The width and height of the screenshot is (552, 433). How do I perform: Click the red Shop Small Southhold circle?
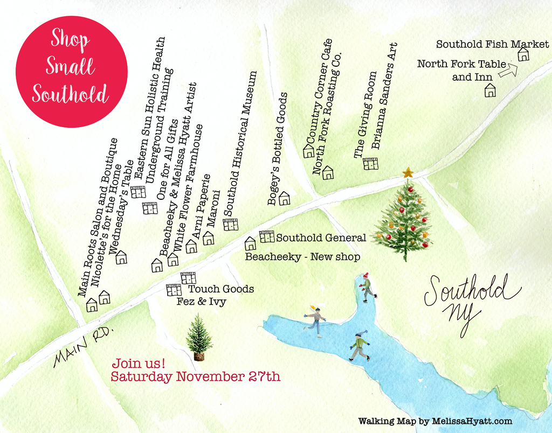tap(72, 72)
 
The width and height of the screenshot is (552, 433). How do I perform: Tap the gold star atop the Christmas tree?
tap(408, 173)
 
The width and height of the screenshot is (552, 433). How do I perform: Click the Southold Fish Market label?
tap(492, 44)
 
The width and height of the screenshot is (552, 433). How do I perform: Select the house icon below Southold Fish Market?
tap(523, 54)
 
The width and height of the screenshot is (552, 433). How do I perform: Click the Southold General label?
tap(321, 238)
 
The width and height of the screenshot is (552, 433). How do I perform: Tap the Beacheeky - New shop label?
tap(302, 257)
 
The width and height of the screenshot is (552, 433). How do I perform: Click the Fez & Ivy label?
tap(201, 302)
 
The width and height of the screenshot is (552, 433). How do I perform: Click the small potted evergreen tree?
tap(199, 338)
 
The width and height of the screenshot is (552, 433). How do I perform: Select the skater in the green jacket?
tap(360, 346)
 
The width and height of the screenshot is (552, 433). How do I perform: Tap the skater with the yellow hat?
tap(315, 320)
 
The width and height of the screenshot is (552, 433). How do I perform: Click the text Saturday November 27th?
tap(195, 376)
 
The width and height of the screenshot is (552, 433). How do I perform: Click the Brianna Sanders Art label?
tap(384, 96)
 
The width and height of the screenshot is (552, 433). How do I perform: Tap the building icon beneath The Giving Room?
tap(370, 164)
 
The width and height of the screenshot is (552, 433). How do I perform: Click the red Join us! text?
tap(138, 362)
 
